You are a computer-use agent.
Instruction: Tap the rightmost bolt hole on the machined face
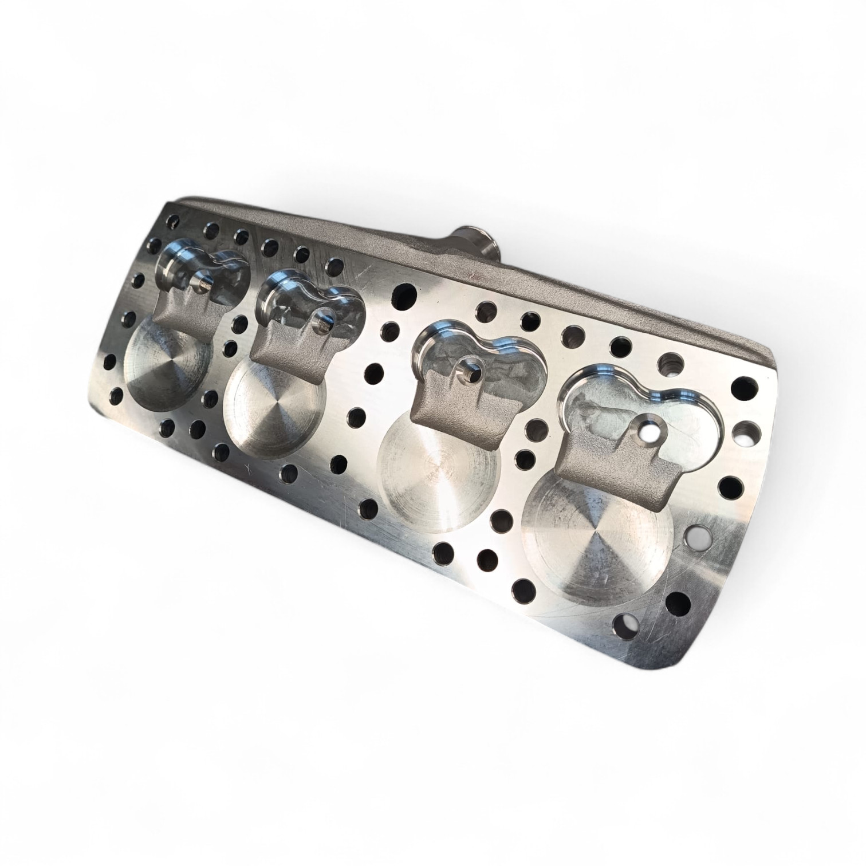(745, 385)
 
